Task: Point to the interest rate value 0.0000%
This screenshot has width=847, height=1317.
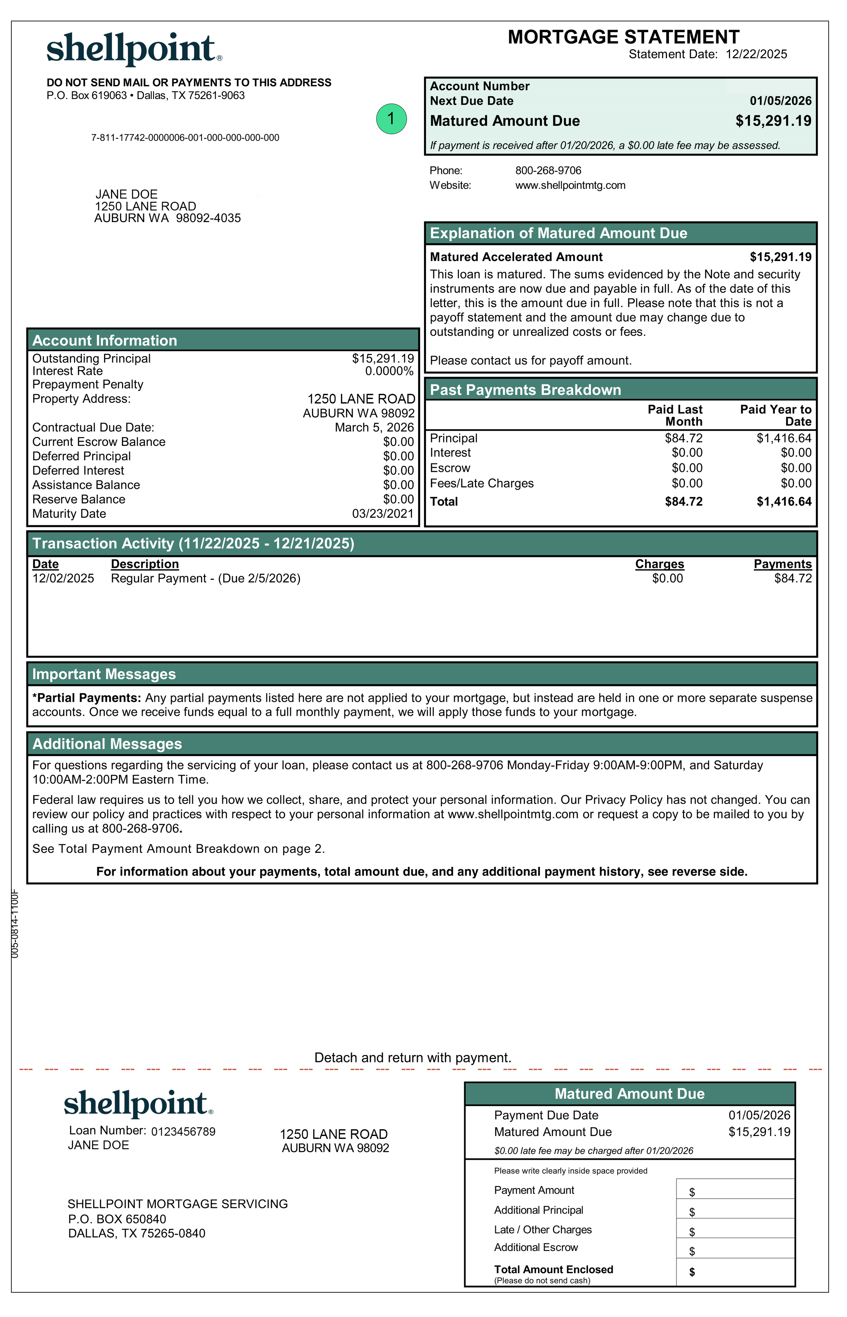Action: coord(389,371)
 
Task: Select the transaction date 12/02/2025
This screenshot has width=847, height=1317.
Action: coord(63,578)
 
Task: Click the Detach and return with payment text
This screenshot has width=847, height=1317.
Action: coord(413,1057)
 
